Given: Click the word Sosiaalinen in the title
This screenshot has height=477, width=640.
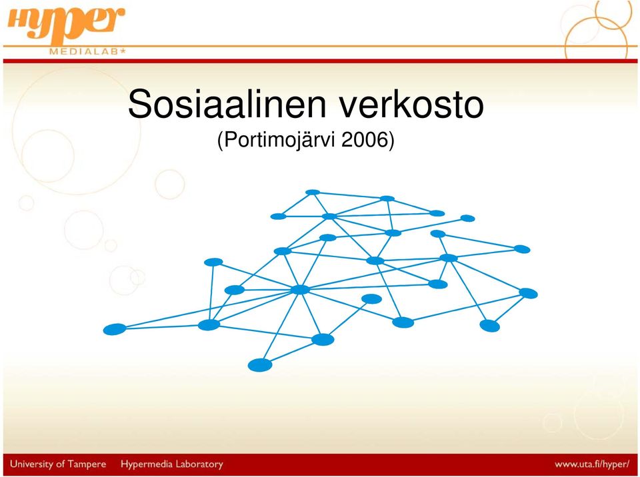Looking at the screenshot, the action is (227, 104).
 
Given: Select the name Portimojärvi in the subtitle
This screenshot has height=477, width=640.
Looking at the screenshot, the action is (279, 141).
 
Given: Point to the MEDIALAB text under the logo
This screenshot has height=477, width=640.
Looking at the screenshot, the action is (84, 52).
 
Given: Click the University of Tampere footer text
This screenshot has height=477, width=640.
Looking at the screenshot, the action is (58, 464).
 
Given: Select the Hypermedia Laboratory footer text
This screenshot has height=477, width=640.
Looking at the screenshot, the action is (172, 464).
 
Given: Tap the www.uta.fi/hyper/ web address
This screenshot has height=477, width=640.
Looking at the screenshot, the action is (592, 464).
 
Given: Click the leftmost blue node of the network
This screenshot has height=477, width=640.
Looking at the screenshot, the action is (115, 329).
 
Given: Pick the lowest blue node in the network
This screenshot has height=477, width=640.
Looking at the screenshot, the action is (260, 365).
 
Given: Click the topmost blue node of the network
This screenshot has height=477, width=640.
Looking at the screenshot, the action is (313, 192).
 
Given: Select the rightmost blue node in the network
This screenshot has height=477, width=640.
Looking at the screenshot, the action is (528, 293).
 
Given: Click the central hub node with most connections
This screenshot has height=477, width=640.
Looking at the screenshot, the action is (301, 289).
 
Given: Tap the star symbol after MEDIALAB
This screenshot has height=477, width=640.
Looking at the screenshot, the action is (123, 51).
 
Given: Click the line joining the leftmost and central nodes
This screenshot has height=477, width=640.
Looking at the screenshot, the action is (208, 309).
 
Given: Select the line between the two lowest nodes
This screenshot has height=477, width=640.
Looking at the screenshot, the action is (291, 352).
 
